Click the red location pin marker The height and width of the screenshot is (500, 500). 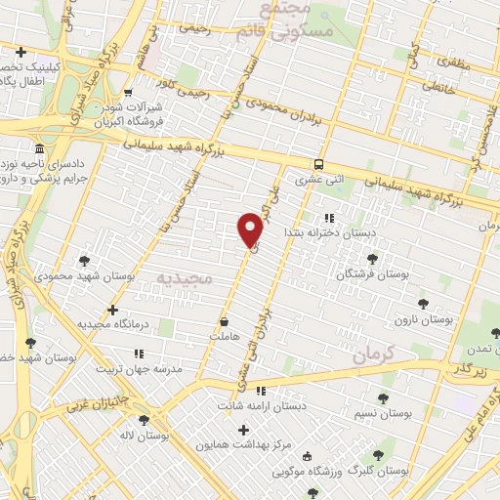click(x=251, y=229)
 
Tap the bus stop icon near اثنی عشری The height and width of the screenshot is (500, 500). click(x=319, y=164)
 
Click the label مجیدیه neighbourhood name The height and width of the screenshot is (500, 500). click(x=184, y=278)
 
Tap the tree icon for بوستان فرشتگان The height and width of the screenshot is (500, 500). click(x=372, y=259)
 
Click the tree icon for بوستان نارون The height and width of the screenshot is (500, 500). click(x=423, y=304)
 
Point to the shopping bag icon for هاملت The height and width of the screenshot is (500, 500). click(x=225, y=320)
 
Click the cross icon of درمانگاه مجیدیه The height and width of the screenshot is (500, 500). click(x=113, y=309)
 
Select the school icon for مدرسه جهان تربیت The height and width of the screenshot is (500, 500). click(x=139, y=354)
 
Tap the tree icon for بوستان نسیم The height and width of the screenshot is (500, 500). click(x=381, y=398)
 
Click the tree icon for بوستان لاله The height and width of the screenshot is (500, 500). click(x=145, y=420)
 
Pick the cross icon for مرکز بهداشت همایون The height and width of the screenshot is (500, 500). click(x=243, y=430)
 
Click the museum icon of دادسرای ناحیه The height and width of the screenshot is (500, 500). click(x=38, y=149)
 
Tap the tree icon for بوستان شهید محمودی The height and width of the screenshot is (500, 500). click(x=85, y=261)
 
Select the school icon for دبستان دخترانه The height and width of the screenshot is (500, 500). click(x=329, y=218)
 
